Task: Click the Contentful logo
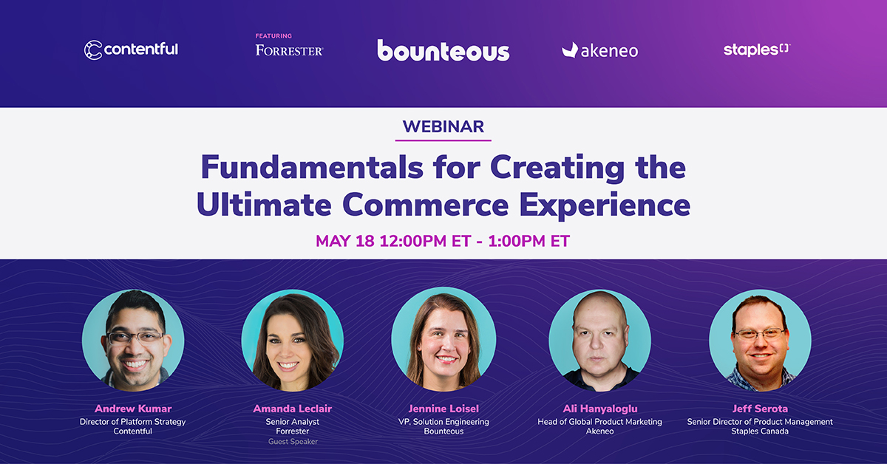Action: (x=131, y=50)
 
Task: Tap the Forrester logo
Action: (x=289, y=51)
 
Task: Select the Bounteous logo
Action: (x=443, y=51)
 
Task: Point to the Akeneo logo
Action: (x=600, y=51)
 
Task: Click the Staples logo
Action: (x=757, y=50)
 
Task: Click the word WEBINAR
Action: (x=443, y=126)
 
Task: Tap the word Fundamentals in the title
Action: (x=312, y=167)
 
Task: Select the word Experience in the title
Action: (x=605, y=206)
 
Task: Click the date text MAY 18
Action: (x=345, y=241)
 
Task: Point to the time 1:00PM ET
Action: (x=529, y=241)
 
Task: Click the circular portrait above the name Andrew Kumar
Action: (x=133, y=341)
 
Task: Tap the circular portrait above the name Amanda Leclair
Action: (x=293, y=341)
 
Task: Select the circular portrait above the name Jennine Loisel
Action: (x=444, y=339)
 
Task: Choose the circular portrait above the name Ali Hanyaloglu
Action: (x=600, y=341)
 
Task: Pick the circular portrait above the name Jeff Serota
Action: (x=760, y=341)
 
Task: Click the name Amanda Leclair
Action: (x=293, y=409)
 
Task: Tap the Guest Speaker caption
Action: (x=293, y=441)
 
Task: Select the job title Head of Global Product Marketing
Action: (x=600, y=422)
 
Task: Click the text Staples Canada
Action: (x=760, y=431)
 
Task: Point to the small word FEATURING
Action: (x=273, y=36)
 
